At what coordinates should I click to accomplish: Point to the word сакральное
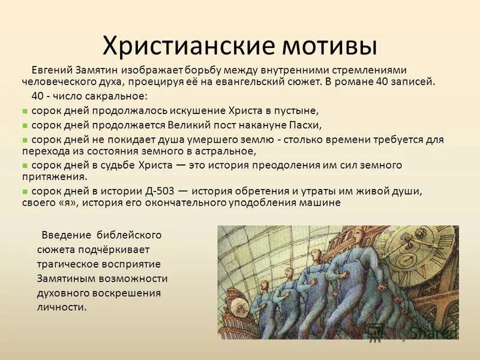click(120, 96)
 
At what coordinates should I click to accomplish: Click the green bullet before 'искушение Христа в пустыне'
click(25, 111)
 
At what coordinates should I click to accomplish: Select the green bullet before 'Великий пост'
click(25, 125)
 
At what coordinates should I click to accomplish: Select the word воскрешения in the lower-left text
click(132, 293)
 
